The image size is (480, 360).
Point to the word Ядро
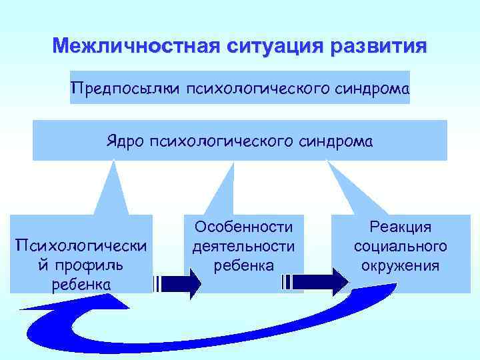tap(124, 141)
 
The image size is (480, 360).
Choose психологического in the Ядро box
tap(223, 141)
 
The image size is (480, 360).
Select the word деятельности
tap(243, 247)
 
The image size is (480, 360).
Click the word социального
tap(401, 247)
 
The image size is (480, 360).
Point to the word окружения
tap(401, 265)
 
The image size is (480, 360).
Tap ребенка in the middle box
tap(243, 265)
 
